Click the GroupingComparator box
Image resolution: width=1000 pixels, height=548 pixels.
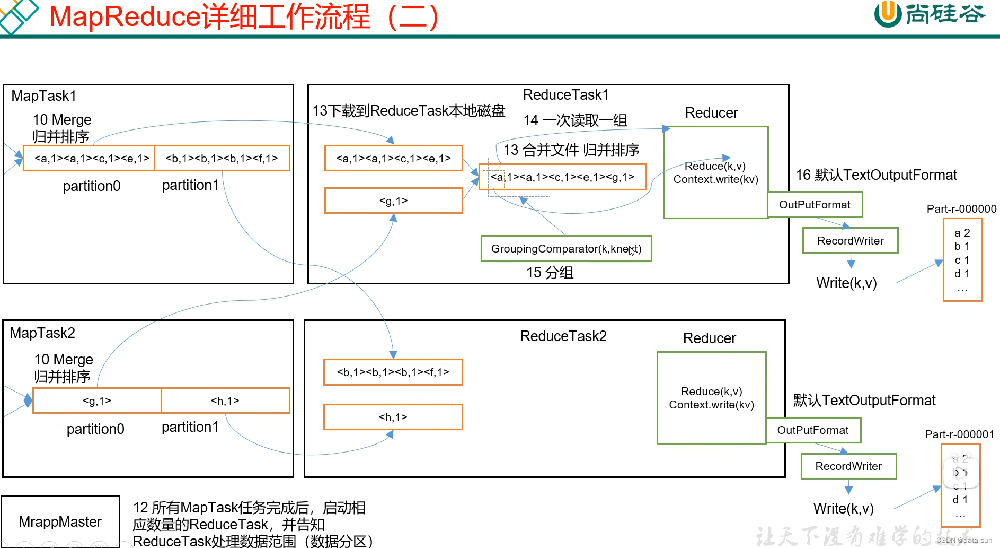click(x=566, y=249)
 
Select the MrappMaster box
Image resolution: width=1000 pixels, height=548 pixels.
click(x=60, y=521)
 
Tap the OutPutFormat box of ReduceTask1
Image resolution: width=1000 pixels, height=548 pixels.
click(x=815, y=205)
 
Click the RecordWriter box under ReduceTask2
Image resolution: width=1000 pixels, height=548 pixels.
click(x=848, y=466)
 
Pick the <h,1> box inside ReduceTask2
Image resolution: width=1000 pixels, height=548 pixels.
click(x=393, y=417)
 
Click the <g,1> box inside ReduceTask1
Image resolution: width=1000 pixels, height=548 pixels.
click(x=393, y=201)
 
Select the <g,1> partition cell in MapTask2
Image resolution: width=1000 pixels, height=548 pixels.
click(x=97, y=401)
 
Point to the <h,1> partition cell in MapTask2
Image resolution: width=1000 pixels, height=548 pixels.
click(x=225, y=401)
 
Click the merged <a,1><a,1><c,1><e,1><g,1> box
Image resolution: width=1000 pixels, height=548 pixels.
click(x=562, y=177)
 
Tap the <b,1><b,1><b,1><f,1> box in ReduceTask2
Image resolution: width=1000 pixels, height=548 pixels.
click(x=393, y=372)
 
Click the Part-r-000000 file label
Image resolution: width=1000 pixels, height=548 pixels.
click(x=961, y=209)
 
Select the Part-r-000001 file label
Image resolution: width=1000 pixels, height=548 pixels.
click(x=959, y=434)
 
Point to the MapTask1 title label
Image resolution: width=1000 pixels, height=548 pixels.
click(x=44, y=96)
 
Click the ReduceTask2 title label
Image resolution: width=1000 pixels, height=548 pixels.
click(x=563, y=336)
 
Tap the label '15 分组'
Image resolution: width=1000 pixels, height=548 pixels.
click(x=550, y=273)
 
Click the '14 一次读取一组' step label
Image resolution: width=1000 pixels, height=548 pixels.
click(x=575, y=120)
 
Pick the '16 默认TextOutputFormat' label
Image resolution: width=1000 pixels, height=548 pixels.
click(x=876, y=175)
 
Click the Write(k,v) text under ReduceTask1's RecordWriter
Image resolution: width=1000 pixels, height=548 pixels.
click(x=846, y=283)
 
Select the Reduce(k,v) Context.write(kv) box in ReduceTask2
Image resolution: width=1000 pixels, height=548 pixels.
click(x=711, y=398)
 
